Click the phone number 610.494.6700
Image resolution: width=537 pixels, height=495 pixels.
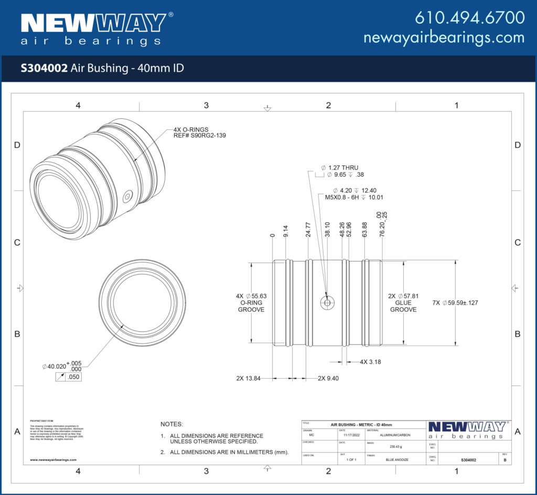(469, 18)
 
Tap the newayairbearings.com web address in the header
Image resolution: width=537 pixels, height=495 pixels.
(444, 38)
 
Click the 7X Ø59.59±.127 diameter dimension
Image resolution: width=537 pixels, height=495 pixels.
(455, 303)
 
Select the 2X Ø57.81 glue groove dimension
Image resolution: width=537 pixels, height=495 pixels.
(403, 303)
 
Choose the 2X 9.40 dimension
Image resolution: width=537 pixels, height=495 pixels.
(328, 378)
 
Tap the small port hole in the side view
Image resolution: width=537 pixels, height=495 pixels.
(327, 303)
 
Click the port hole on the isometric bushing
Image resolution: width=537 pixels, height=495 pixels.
(127, 197)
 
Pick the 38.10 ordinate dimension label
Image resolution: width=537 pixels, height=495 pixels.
(328, 229)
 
